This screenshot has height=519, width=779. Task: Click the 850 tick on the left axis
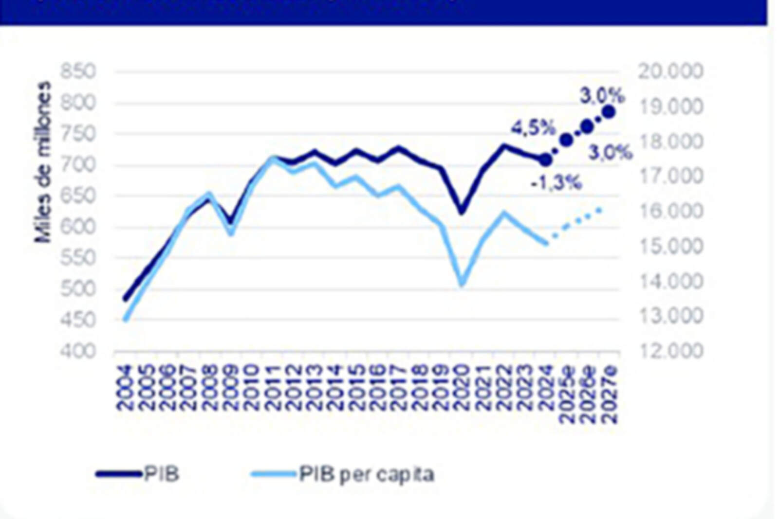78,72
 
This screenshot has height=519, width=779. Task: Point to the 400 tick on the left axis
78,351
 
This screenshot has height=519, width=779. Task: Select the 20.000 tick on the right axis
670,72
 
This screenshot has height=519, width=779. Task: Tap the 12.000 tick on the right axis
670,351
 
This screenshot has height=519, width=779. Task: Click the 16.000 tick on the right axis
670,211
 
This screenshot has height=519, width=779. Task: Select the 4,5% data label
533,128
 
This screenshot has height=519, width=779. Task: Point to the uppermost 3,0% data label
602,96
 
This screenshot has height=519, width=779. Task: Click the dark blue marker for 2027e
609,112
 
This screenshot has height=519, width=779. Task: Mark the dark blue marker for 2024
546,160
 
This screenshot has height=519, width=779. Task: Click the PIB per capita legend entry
366,474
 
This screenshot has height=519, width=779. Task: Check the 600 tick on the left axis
78,227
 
